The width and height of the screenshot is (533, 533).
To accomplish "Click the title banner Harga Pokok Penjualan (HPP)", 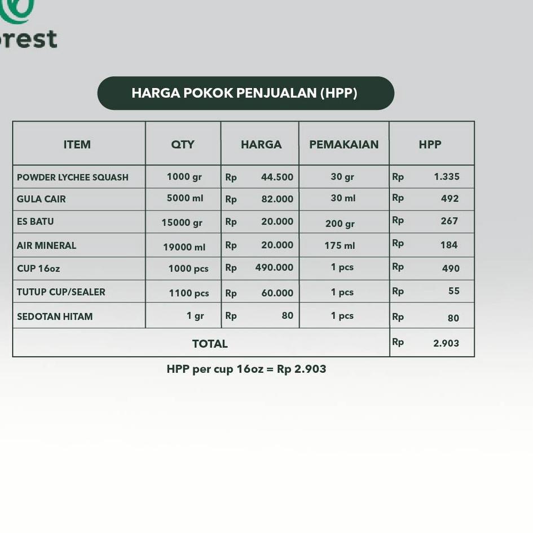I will (245, 93).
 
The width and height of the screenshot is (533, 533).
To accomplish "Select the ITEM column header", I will (77, 144).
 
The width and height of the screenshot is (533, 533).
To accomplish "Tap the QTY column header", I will (183, 144).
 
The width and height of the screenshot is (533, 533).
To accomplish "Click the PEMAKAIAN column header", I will (343, 144).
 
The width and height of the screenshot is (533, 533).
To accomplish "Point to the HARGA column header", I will (261, 144).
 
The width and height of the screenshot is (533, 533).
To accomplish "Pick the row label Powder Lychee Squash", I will (73, 177).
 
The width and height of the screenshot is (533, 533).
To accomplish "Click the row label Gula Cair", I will (41, 199).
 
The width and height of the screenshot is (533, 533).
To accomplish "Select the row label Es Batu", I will (36, 222).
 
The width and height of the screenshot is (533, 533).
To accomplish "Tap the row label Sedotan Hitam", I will (55, 316).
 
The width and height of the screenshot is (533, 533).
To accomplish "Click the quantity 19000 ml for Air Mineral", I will (184, 247).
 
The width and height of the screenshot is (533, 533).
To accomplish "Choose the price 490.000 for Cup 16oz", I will (274, 267).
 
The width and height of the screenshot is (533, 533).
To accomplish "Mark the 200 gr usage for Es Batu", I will (340, 223).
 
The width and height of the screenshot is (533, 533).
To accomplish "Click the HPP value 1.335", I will (447, 177).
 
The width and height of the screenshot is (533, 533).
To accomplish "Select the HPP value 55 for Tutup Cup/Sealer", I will (454, 291).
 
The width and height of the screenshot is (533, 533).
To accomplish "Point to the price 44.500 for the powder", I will (277, 177).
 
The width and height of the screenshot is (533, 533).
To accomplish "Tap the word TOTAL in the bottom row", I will (210, 343).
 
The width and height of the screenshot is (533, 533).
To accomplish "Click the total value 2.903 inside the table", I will (446, 343).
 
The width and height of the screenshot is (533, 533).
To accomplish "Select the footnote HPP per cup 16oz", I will (246, 369).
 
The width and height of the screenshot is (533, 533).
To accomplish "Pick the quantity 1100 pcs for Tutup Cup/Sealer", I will (189, 293).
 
